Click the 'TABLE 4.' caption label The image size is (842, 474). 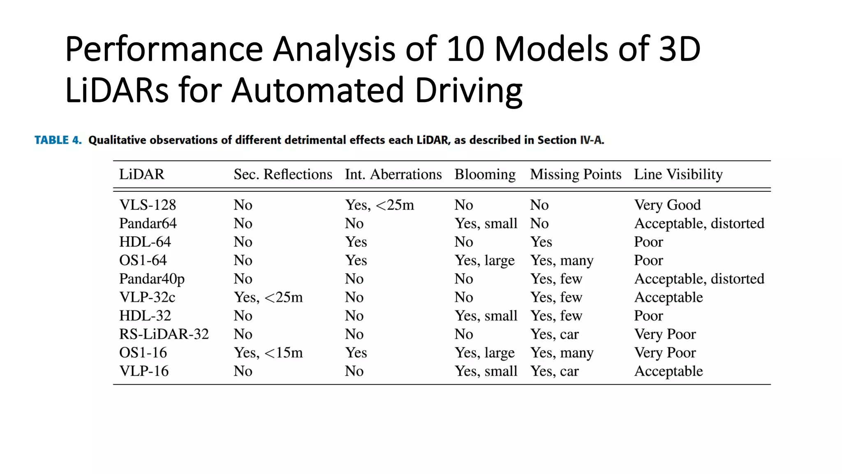(58, 140)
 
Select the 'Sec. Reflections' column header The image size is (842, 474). (283, 174)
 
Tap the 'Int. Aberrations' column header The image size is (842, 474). (393, 174)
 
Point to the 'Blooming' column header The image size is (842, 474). (485, 174)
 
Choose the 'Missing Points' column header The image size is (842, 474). (575, 174)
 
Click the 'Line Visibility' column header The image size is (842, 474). (678, 174)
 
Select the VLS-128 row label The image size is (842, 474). (148, 205)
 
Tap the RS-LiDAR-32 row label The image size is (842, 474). (164, 334)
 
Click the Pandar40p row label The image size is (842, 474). (152, 279)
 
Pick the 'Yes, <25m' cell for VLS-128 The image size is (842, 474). (379, 205)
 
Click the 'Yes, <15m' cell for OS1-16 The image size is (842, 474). (268, 353)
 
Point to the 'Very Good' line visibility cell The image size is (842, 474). (667, 205)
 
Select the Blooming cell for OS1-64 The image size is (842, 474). (484, 260)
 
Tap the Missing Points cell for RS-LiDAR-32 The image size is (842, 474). (554, 334)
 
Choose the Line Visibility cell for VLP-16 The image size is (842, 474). (668, 371)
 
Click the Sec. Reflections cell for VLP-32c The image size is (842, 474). (268, 297)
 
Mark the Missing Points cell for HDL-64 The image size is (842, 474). (541, 242)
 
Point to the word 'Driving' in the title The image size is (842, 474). (469, 91)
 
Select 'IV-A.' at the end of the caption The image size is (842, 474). (592, 140)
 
